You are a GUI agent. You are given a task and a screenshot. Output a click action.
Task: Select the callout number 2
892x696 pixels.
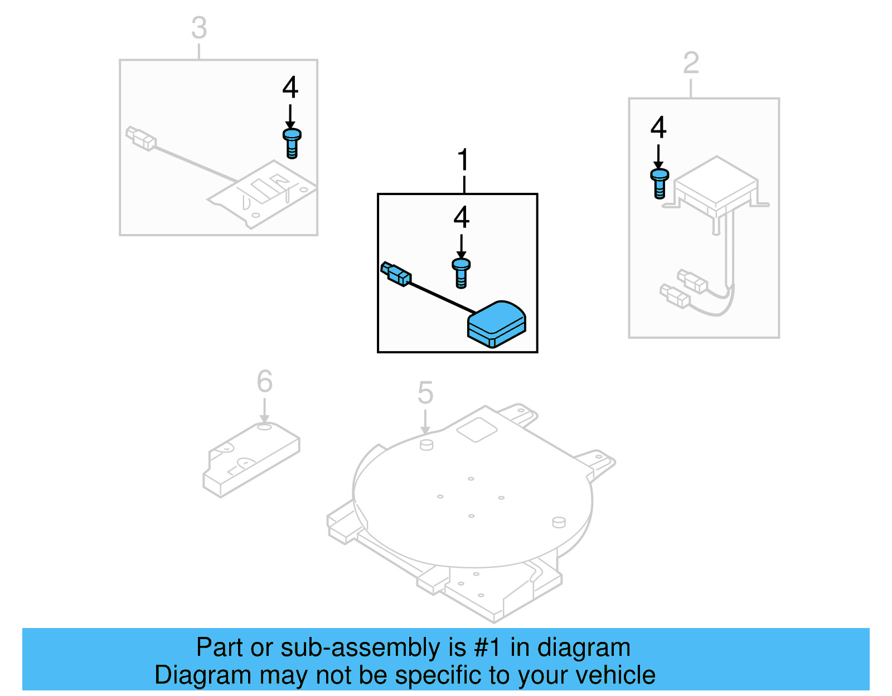691,63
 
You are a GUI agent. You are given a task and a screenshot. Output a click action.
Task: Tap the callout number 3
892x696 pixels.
199,28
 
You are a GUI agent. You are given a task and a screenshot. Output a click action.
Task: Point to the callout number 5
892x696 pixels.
425,393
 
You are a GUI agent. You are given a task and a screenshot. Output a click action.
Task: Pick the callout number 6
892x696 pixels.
264,382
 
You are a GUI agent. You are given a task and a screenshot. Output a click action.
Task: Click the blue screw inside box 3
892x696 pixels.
292,143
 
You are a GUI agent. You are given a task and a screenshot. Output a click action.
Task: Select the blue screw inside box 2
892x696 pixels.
659,183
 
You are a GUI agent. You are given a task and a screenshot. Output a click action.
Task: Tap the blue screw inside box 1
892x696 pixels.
461,272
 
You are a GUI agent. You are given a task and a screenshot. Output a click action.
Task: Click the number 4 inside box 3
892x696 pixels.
290,87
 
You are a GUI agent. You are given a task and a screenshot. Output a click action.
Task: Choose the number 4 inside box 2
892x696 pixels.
658,128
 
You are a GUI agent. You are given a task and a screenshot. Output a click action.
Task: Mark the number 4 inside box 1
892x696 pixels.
461,217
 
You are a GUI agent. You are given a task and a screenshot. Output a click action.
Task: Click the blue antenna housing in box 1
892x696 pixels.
496,323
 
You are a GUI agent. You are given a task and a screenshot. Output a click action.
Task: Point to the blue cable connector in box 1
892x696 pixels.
396,274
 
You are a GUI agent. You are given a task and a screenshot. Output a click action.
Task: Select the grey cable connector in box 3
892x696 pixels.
140,138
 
